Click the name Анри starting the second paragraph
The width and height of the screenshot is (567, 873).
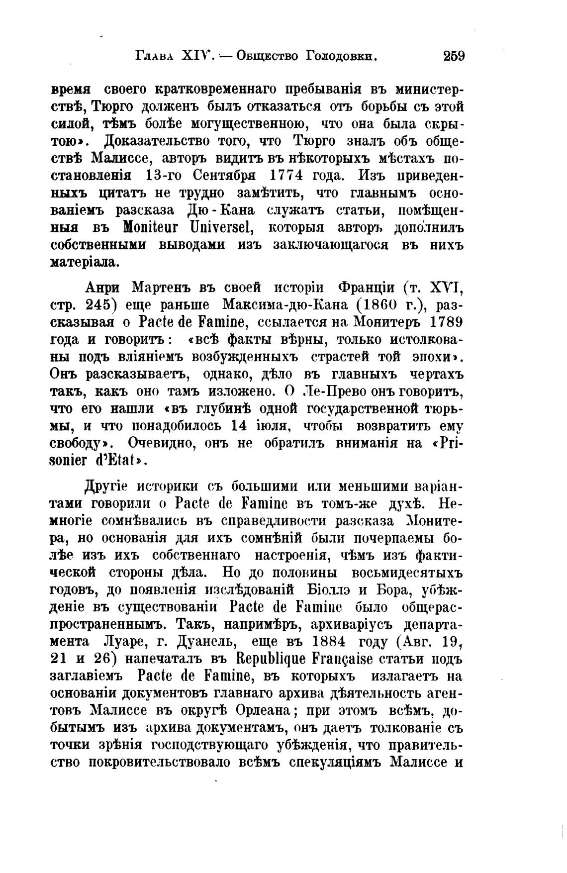tap(103, 288)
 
